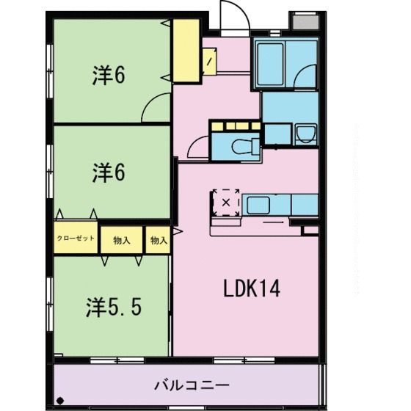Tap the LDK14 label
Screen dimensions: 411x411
coord(252,289)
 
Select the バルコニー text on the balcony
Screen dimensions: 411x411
coord(192,385)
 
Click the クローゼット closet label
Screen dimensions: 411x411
coord(76,238)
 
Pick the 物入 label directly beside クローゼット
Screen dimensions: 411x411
coord(121,239)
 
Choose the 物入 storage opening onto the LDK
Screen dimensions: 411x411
coord(158,239)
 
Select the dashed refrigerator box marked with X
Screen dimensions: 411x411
coord(225,200)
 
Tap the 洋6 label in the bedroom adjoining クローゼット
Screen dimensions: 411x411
coord(108,173)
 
